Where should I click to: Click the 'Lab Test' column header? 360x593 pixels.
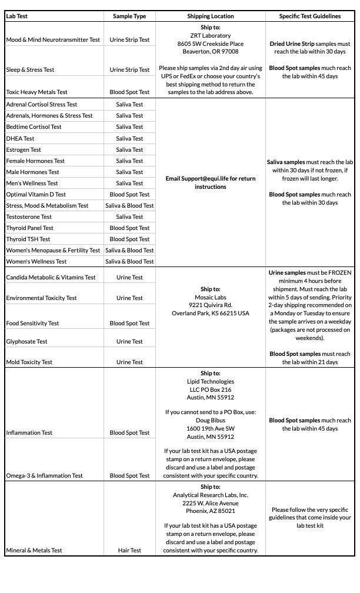click(16, 16)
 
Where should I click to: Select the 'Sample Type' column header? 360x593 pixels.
click(129, 16)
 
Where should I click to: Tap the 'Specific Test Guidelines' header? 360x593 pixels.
click(309, 16)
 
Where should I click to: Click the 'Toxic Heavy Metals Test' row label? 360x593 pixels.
click(36, 92)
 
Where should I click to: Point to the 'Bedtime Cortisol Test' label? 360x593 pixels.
click(34, 127)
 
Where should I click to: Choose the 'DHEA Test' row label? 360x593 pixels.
click(20, 138)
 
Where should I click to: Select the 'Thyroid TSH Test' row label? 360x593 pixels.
click(28, 239)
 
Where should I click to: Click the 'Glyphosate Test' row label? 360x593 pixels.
click(26, 342)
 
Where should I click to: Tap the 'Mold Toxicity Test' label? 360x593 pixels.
click(29, 362)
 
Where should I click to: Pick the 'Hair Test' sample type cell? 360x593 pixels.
click(129, 551)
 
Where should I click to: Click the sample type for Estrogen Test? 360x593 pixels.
click(129, 150)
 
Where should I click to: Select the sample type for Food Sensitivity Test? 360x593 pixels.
click(129, 324)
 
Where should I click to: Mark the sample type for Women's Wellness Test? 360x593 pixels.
click(129, 262)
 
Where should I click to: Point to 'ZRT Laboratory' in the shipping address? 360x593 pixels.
click(211, 35)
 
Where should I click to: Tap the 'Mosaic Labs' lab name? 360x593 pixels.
click(211, 297)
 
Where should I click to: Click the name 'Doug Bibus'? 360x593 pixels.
click(211, 421)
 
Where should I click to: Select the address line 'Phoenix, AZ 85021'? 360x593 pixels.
click(211, 511)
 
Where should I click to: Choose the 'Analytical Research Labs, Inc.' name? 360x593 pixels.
click(211, 495)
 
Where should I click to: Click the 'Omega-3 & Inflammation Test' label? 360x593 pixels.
click(44, 476)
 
